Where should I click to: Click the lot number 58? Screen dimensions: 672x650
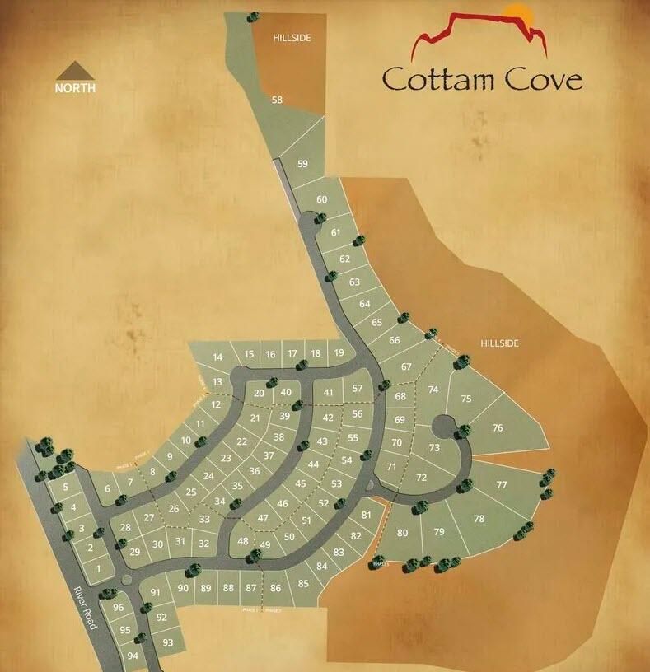[x=277, y=100]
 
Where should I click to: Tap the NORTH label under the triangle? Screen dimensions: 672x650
[x=75, y=87]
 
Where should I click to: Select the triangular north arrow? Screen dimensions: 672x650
[x=75, y=69]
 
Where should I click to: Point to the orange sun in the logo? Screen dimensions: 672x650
[x=517, y=13]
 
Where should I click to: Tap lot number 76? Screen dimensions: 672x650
[x=497, y=427]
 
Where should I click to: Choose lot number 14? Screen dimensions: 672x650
[x=217, y=357]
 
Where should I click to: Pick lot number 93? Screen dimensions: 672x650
[x=168, y=642]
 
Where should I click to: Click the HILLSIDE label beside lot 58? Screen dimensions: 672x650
[x=292, y=38]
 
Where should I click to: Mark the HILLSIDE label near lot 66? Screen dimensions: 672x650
[x=500, y=343]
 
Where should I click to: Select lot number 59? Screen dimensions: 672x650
[x=302, y=164]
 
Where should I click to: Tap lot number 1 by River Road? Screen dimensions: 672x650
[x=98, y=568]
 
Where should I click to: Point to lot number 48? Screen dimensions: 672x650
[x=242, y=541]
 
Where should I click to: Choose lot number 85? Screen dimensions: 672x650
[x=303, y=584]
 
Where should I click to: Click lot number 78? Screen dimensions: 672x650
[x=479, y=519]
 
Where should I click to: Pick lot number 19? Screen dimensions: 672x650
[x=339, y=353]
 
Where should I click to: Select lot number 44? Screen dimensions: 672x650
[x=313, y=464]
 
